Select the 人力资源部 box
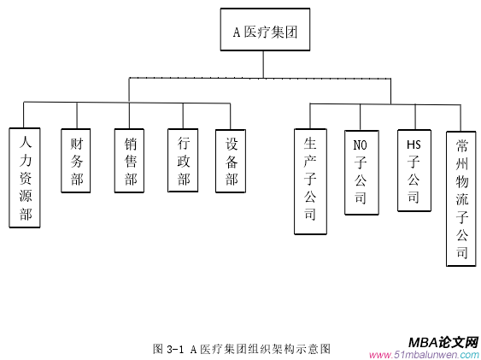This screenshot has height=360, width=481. [26, 178]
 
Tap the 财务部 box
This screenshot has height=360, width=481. [77, 161]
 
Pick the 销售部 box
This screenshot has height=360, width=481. [130, 161]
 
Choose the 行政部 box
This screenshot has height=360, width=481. [183, 161]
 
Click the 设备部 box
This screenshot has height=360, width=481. [231, 161]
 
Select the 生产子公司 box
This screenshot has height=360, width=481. [309, 180]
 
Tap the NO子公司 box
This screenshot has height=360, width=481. [360, 172]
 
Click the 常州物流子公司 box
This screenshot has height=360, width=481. [461, 198]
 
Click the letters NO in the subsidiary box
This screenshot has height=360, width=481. [360, 144]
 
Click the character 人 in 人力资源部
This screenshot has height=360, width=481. [26, 139]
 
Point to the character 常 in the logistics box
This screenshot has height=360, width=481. [461, 144]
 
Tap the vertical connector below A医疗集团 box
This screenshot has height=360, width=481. [265, 64]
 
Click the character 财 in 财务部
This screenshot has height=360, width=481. [77, 142]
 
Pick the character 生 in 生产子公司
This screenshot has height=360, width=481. [309, 142]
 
